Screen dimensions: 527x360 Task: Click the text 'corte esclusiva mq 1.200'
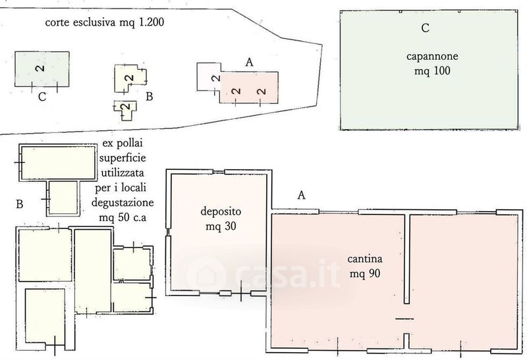coord(105,22)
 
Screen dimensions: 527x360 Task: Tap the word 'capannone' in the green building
coord(432,56)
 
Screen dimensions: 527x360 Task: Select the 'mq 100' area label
coord(432,71)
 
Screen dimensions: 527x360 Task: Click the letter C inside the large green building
coord(425,28)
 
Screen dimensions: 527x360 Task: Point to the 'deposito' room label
coord(221,212)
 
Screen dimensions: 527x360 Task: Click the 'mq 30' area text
coord(221,226)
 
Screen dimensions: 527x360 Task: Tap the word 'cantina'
coord(365,259)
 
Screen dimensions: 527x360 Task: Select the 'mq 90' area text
coord(365,274)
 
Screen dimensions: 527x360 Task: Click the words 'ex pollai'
coord(123,143)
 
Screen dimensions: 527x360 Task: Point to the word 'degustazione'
coord(123,203)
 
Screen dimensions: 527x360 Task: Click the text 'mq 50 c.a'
coord(123,218)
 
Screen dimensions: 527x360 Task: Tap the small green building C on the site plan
coord(42,69)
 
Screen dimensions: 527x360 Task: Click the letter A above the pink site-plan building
coord(250,62)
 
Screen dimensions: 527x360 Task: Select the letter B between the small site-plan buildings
coord(150,96)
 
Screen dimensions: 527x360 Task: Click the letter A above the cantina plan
coord(302,195)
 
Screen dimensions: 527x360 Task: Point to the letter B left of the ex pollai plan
coord(20,204)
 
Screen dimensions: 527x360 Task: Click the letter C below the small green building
coord(42,97)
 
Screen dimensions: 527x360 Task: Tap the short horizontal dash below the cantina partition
coord(404,319)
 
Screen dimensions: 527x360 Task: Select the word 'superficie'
coord(123,158)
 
